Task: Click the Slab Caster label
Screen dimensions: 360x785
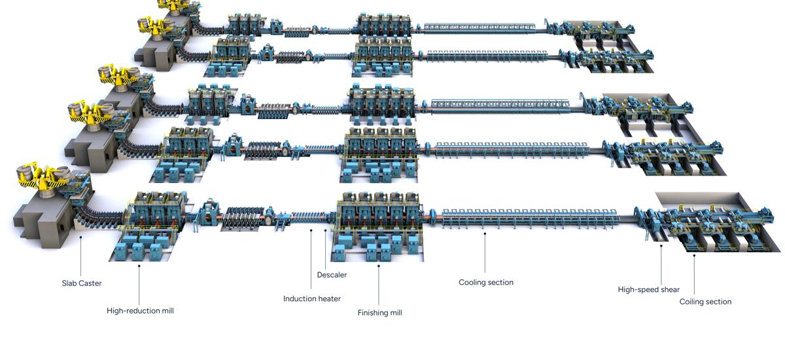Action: (x=82, y=283)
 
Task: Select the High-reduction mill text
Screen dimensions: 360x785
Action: (x=140, y=311)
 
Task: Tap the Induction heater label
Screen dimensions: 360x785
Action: (x=312, y=299)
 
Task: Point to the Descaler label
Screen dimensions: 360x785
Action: (x=332, y=275)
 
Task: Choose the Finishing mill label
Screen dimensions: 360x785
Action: (x=379, y=313)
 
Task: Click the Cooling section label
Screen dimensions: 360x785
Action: (x=486, y=283)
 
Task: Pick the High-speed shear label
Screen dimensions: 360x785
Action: (x=649, y=289)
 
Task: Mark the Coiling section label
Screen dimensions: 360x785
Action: (x=705, y=302)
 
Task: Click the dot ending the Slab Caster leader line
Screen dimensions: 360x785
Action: (x=81, y=238)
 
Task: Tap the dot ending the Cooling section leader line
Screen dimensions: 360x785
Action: (x=485, y=232)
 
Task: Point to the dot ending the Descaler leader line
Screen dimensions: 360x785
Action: (x=325, y=230)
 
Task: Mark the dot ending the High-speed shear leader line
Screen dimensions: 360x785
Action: (x=661, y=246)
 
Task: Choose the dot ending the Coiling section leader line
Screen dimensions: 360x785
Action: (x=694, y=255)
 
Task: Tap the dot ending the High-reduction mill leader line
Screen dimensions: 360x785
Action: (x=139, y=266)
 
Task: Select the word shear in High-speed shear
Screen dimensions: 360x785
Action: (x=669, y=289)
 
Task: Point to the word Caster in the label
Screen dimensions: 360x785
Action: (x=91, y=283)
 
